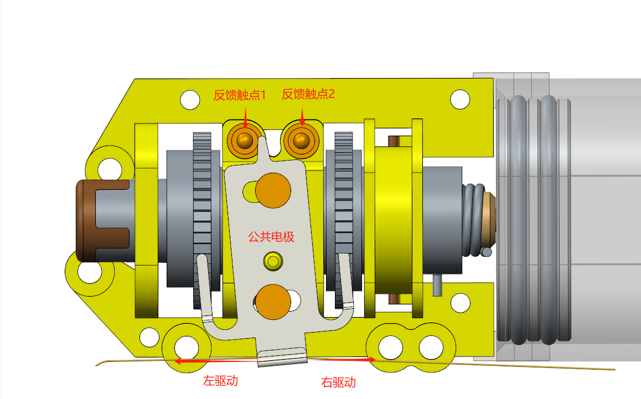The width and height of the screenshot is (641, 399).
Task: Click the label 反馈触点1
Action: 240,95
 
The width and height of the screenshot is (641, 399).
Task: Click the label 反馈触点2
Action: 308,95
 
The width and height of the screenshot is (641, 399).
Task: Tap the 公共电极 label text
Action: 271,237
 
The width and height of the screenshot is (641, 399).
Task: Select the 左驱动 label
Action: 220,381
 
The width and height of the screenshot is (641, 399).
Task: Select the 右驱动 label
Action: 338,382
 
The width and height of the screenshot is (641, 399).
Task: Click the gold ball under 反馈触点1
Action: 245,140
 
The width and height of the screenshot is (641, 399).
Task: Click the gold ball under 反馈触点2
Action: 301,140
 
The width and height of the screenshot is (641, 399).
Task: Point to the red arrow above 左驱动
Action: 216,361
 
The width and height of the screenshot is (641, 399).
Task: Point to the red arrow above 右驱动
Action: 342,359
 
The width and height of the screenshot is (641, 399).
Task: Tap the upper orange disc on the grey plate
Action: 273,190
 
